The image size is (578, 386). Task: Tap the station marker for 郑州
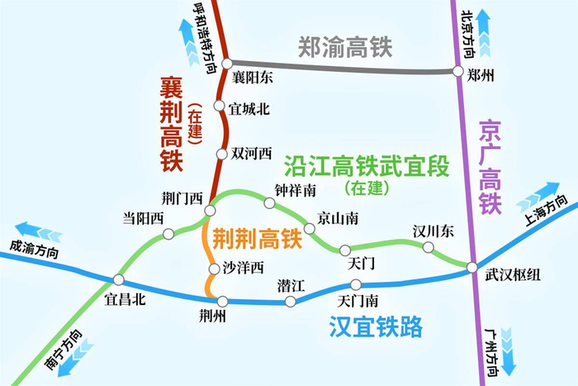pos(460,72)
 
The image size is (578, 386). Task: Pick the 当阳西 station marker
pos(168,234)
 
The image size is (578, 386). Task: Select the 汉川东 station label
pos(433,231)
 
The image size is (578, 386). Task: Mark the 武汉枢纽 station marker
pos(471,267)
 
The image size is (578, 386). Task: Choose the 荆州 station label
pos(213,316)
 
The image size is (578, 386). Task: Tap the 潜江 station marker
pos(290,301)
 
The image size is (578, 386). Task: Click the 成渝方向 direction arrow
pos(38,229)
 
